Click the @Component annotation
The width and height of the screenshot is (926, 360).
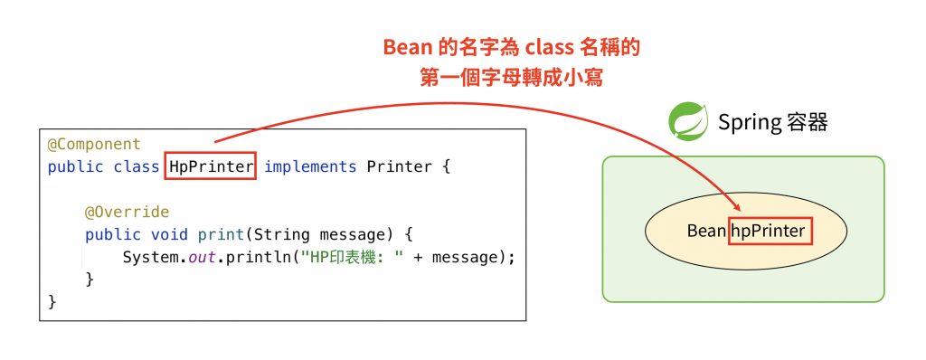click(94, 145)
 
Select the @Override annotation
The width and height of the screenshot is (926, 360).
click(127, 213)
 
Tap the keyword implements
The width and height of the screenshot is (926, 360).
click(310, 167)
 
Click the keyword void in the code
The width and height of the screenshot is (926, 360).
click(169, 235)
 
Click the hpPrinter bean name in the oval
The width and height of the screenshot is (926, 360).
click(768, 231)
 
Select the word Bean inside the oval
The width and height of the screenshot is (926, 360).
click(706, 231)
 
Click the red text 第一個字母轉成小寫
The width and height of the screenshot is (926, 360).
click(511, 79)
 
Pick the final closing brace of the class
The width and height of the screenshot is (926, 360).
click(52, 301)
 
